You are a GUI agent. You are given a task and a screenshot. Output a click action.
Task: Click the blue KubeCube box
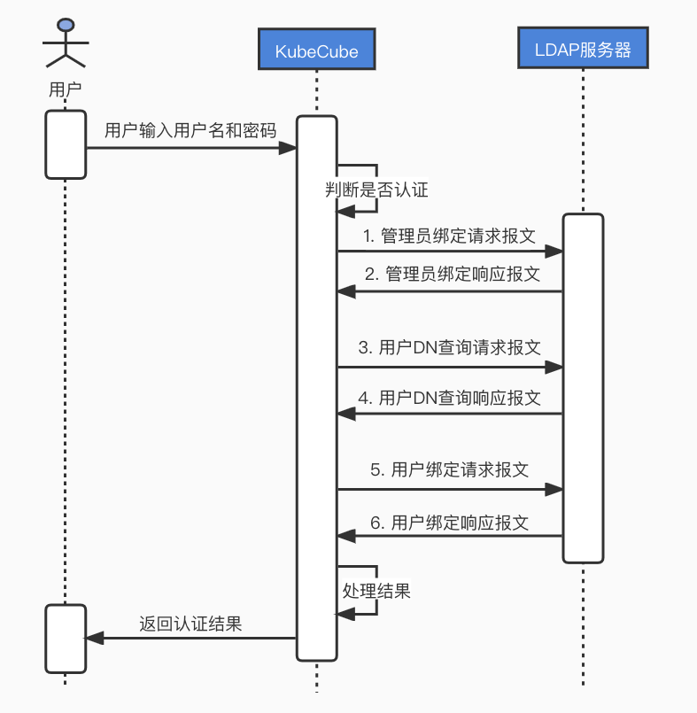316,50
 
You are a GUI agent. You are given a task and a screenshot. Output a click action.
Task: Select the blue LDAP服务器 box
583,50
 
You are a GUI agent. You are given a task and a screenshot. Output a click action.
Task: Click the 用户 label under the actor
65,90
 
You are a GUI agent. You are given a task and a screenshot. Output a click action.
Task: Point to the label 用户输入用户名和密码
190,130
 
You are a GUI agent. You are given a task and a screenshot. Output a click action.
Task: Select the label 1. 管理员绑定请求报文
451,236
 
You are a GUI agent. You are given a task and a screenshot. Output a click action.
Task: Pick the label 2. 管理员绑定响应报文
451,274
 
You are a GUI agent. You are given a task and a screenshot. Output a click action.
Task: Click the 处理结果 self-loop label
376,590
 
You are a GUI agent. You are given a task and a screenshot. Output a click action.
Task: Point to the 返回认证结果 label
190,623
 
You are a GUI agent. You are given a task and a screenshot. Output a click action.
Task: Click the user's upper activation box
65,143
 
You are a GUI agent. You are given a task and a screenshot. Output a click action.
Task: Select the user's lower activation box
65,638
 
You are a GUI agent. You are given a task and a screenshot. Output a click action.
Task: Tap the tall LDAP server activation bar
583,387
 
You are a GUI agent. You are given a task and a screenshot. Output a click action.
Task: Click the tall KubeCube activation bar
316,387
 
